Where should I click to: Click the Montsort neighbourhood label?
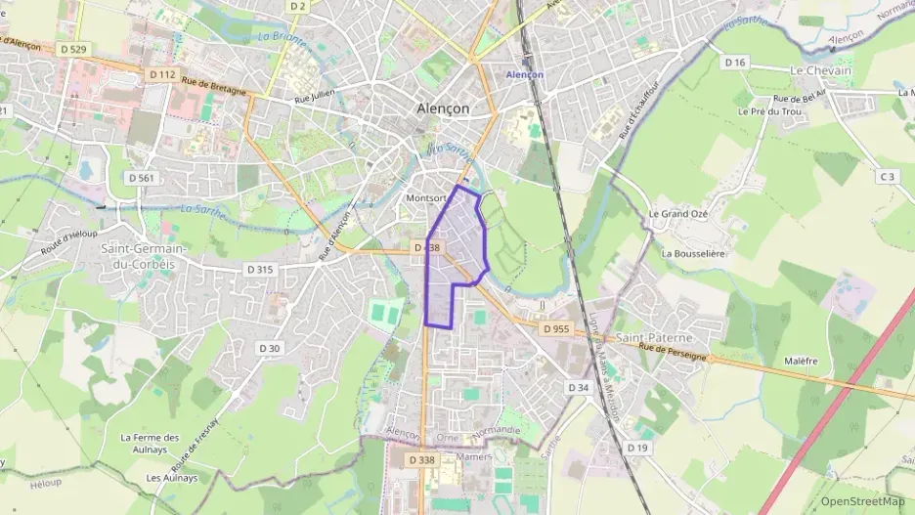(x=423, y=197)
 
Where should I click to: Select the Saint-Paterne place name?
(x=655, y=337)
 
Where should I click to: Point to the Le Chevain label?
(x=820, y=70)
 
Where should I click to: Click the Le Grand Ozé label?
(x=677, y=214)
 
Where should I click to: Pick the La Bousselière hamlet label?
(x=692, y=253)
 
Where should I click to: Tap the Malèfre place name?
(x=801, y=361)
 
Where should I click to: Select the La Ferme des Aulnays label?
(x=150, y=444)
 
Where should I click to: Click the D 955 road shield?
(x=555, y=329)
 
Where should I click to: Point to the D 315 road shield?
(x=260, y=269)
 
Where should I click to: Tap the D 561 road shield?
(x=142, y=178)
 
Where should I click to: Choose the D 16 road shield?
(x=735, y=62)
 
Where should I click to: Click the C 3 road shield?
(x=887, y=177)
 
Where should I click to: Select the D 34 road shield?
(x=579, y=388)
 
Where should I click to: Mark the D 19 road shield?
(x=637, y=448)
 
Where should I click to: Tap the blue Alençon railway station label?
(x=524, y=74)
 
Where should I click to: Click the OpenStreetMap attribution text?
(x=862, y=501)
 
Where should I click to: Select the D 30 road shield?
(x=270, y=348)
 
